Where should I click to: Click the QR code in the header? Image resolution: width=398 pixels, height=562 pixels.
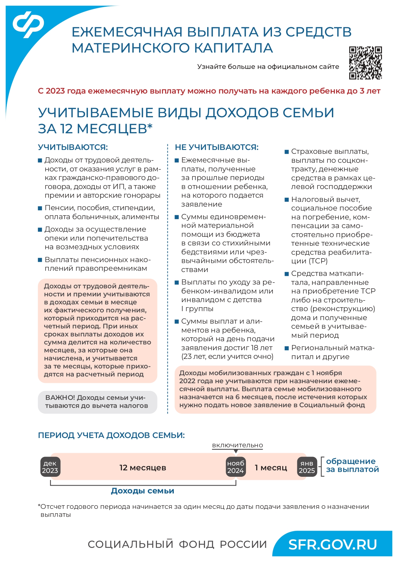tap(365, 63)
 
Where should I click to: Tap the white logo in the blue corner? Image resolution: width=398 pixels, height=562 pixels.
tap(28, 24)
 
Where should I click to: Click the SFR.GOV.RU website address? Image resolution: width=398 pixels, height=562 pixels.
tap(332, 544)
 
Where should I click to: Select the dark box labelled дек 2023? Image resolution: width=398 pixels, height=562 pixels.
tap(50, 467)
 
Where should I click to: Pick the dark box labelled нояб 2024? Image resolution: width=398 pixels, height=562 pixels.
tap(236, 467)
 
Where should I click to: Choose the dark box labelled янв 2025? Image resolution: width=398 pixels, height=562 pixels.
tap(307, 467)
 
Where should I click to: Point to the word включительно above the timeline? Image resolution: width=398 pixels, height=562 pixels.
tap(237, 445)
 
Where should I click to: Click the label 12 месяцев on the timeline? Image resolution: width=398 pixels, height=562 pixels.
tap(143, 467)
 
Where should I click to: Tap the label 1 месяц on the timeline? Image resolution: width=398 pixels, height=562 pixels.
tap(271, 467)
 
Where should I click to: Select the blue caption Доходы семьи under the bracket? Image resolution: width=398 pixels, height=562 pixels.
tap(142, 491)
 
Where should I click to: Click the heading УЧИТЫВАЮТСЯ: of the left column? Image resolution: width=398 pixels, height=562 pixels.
tap(73, 147)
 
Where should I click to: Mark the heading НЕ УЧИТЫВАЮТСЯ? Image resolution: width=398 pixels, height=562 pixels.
tap(216, 147)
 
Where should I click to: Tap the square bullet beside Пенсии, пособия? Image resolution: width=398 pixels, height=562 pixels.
tap(40, 208)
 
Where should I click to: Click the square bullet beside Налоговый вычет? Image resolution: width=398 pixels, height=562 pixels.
tap(287, 200)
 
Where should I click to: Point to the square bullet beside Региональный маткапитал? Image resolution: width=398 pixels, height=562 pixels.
tap(287, 348)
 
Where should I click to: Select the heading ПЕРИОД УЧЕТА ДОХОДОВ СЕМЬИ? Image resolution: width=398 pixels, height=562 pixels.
tap(111, 435)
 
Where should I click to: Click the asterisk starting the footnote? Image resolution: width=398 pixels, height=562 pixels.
tap(39, 506)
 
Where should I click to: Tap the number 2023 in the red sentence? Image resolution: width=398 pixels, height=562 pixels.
tap(55, 91)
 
